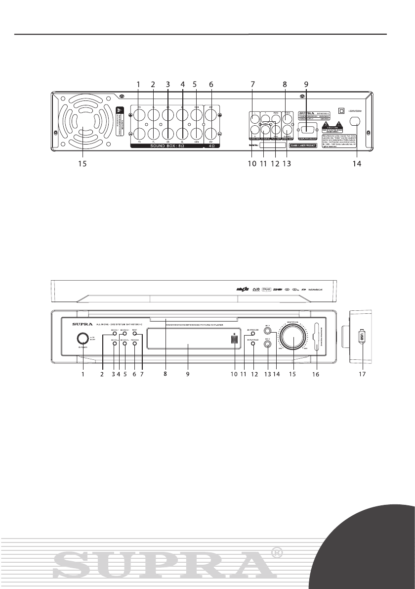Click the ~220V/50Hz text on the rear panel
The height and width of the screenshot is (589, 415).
pos(357,111)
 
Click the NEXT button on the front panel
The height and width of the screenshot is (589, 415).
pos(134,335)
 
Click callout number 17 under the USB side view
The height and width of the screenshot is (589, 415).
pos(362,375)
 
